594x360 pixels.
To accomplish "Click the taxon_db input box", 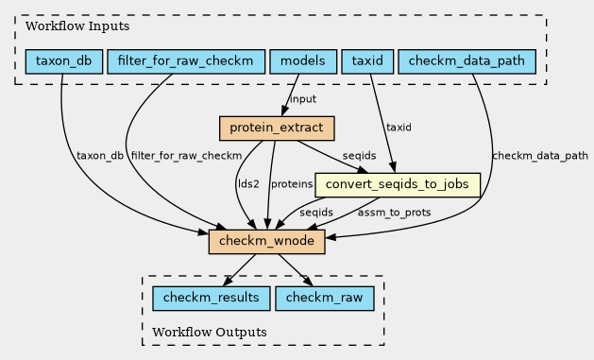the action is (x=64, y=61).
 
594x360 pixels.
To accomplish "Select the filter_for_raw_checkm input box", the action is (x=186, y=61).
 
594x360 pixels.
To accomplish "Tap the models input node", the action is (x=303, y=61).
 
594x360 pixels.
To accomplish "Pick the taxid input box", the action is (x=367, y=61).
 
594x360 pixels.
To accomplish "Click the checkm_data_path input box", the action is (x=467, y=61).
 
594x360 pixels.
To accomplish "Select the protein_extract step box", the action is (x=277, y=129).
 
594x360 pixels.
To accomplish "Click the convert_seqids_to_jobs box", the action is (x=398, y=185).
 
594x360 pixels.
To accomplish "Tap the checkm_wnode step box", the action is (x=266, y=241).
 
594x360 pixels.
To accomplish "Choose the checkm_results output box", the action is (x=211, y=299).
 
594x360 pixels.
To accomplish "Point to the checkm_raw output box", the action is (x=324, y=299).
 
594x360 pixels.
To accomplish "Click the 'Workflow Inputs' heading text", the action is (x=77, y=26).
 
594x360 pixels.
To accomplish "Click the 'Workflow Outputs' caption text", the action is (x=210, y=333).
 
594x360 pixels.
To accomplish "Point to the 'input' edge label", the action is (x=303, y=99).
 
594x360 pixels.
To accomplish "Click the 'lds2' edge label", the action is (x=248, y=184).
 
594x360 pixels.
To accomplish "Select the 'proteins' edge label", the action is (x=292, y=184).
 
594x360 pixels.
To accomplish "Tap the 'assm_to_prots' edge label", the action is (x=394, y=213).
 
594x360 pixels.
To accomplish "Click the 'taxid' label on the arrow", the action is (x=399, y=128).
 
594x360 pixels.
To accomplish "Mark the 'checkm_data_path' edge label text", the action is (x=540, y=156).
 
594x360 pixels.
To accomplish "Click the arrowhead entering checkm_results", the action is (x=228, y=282).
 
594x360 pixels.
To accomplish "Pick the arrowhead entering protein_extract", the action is (x=284, y=111).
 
